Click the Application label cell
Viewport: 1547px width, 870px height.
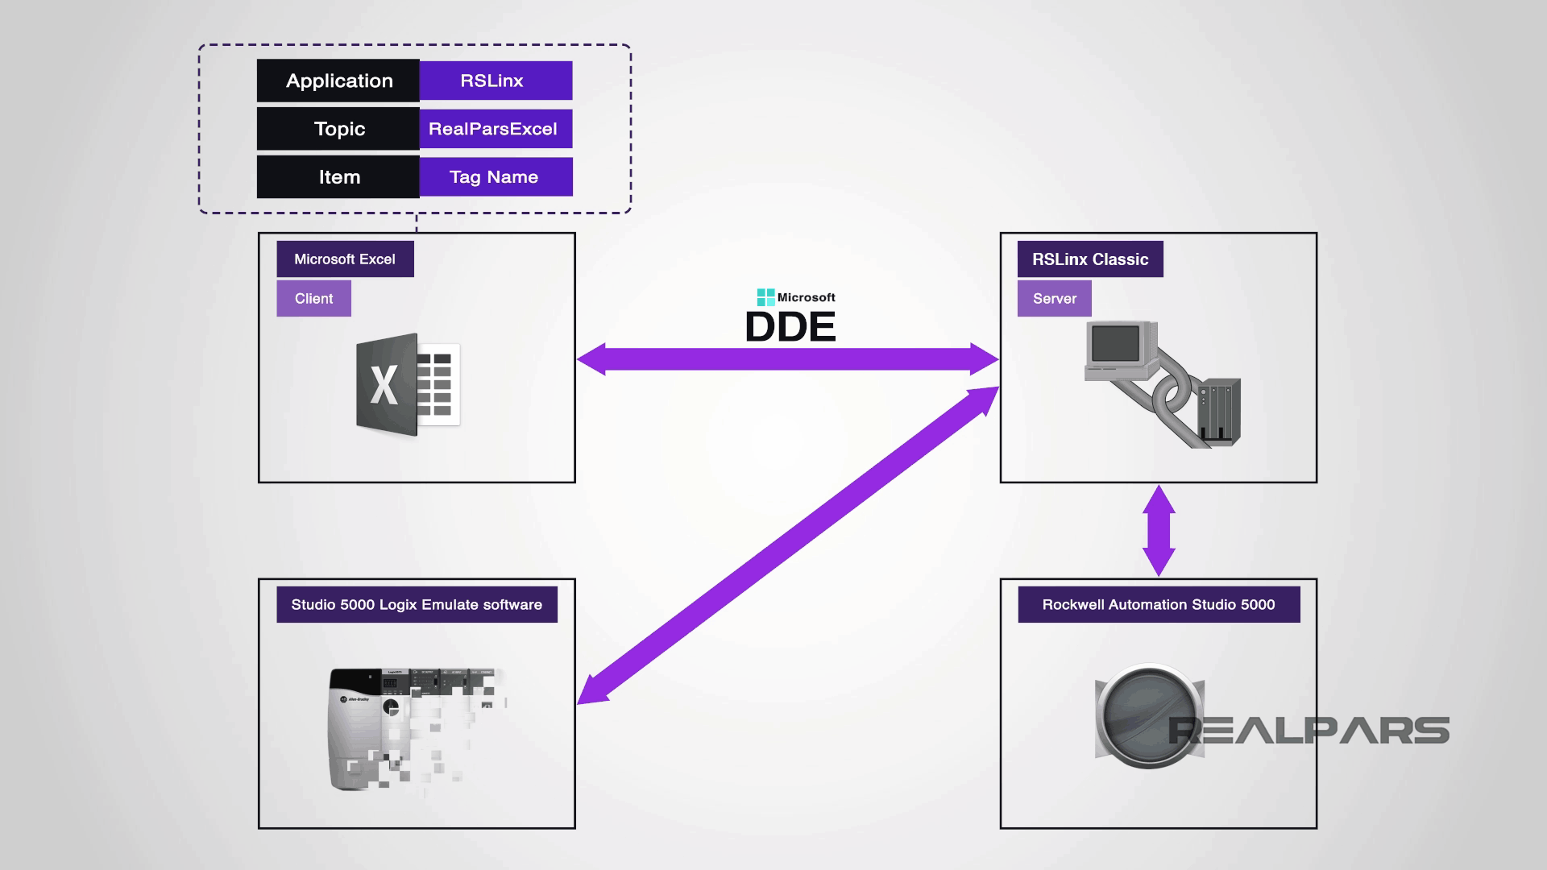[x=338, y=81]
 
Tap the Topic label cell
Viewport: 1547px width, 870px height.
[x=338, y=129]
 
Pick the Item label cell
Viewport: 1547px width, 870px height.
[x=338, y=177]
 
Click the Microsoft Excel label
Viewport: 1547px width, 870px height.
[x=345, y=259]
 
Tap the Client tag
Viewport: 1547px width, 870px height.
[x=313, y=299]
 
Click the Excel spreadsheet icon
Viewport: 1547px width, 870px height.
[x=409, y=385]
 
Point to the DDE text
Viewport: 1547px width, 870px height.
[x=790, y=327]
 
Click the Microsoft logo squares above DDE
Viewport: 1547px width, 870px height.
[x=765, y=297]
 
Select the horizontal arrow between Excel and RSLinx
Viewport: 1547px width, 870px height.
[x=787, y=359]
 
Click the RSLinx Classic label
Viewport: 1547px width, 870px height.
[x=1089, y=259]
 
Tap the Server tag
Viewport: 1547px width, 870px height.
[x=1054, y=299]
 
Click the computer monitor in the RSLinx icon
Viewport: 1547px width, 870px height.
[x=1116, y=345]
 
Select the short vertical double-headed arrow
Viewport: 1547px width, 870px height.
[x=1159, y=530]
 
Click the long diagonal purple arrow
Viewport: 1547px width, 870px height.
[x=787, y=546]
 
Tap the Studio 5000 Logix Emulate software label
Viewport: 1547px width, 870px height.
[x=417, y=605]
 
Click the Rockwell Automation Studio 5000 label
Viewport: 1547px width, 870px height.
[x=1159, y=605]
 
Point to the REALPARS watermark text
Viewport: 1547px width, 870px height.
[x=1309, y=731]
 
